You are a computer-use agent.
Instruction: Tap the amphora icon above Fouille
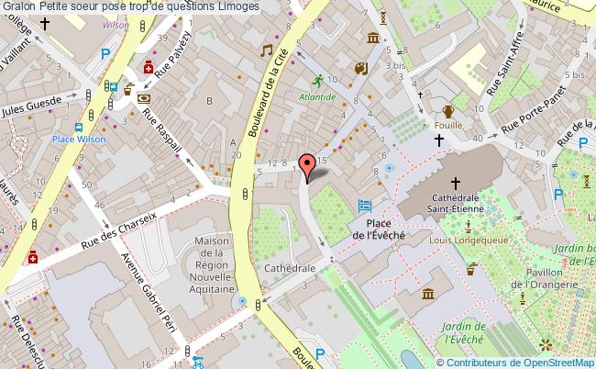[x=447, y=111]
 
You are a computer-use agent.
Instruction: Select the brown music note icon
[x=267, y=50]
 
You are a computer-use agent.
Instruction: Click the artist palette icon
[x=360, y=68]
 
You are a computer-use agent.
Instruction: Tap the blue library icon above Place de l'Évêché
[x=366, y=207]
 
